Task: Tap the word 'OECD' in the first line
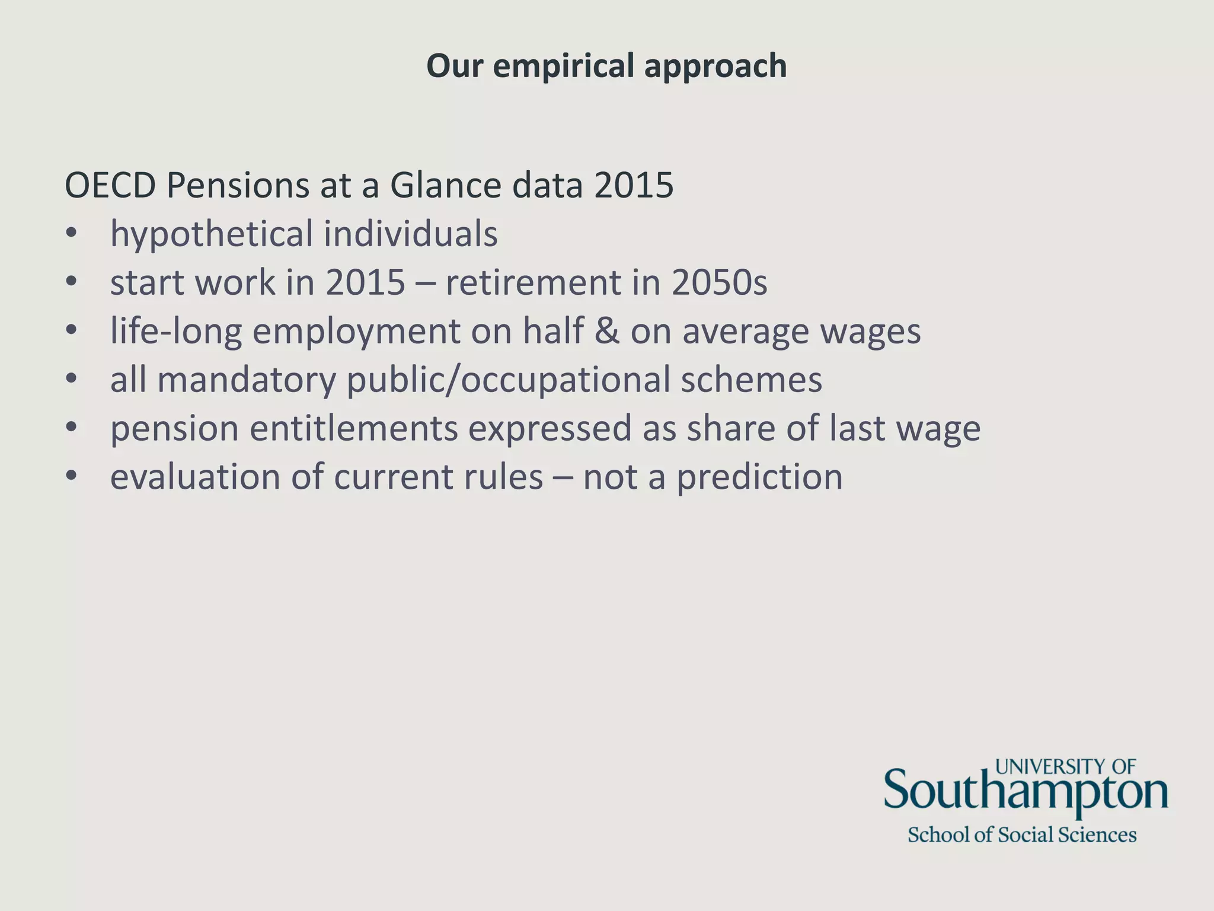[x=110, y=186]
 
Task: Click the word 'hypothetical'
[x=212, y=234]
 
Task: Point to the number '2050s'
[x=719, y=282]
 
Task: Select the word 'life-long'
[x=176, y=331]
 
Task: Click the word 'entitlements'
[x=353, y=428]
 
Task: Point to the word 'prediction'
[x=759, y=477]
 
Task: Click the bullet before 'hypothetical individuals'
[x=71, y=234]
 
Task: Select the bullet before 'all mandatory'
[x=71, y=380]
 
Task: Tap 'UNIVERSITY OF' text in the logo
[x=1065, y=767]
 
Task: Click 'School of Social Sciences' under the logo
[x=1022, y=835]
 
